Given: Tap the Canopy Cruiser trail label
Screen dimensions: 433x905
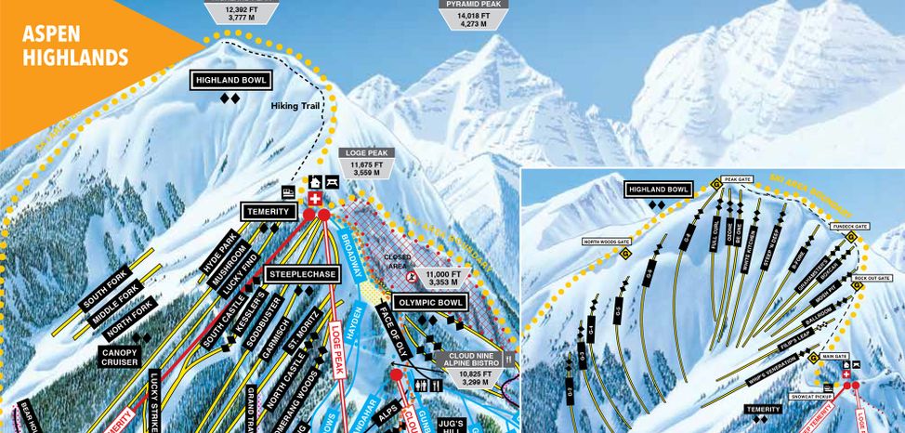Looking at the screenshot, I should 121,359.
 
